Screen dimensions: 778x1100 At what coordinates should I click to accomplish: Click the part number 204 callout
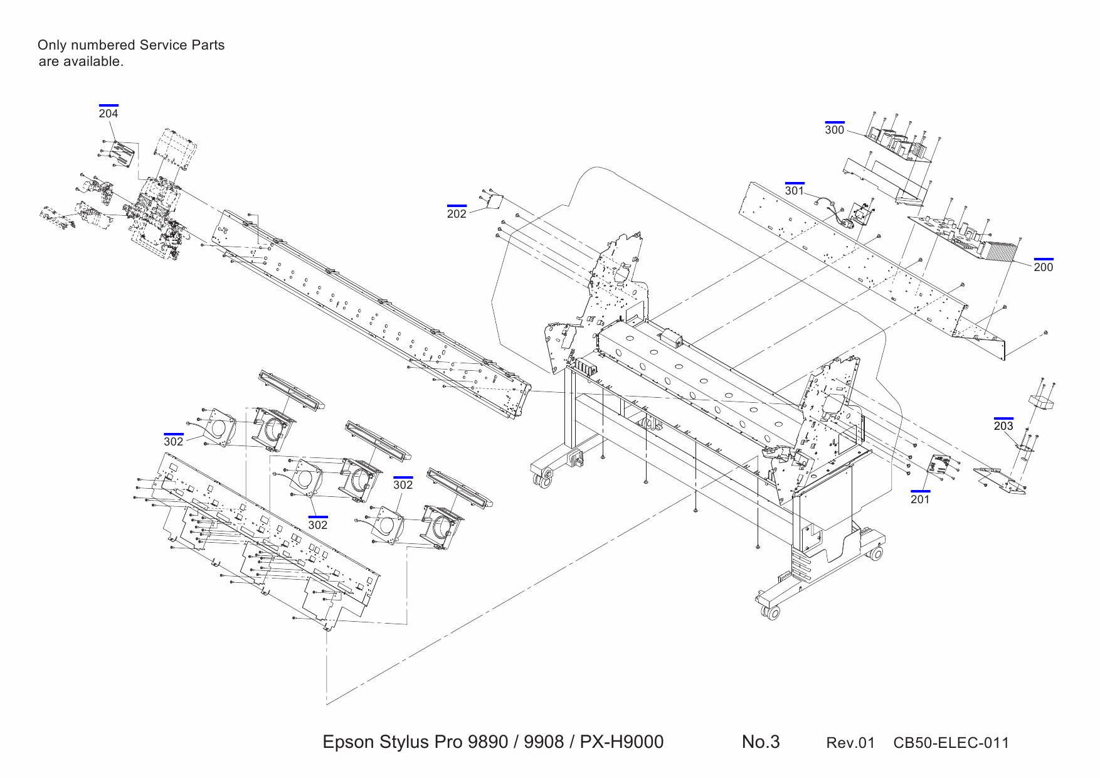(108, 114)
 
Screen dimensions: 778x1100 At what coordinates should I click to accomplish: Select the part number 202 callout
(457, 214)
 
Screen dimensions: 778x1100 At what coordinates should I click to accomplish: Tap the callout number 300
(834, 130)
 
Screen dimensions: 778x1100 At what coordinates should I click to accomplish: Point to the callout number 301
(794, 191)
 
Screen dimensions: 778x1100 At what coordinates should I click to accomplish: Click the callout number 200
(1044, 267)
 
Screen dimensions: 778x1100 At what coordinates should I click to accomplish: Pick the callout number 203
(1003, 426)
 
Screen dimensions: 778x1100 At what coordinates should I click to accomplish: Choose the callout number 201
(920, 499)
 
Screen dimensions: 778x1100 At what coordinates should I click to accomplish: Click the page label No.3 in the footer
(761, 742)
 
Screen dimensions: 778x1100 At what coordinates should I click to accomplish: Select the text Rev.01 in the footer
(850, 743)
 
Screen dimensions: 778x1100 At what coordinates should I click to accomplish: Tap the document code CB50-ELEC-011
(951, 743)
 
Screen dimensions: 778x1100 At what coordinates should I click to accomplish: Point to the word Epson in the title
(349, 742)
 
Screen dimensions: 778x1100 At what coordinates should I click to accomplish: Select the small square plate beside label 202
(495, 201)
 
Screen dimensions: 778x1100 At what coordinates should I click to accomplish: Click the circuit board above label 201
(939, 466)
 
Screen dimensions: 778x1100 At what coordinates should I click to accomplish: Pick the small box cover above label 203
(1042, 402)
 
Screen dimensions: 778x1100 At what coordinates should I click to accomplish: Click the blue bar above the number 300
(834, 122)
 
